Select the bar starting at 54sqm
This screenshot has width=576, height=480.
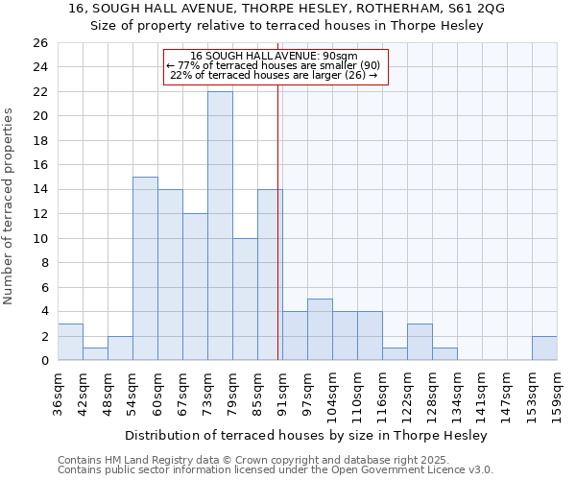[145, 268]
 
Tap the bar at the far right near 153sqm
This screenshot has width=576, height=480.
[544, 348]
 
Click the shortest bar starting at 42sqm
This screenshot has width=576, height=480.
[95, 354]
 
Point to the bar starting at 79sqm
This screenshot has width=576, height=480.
[245, 299]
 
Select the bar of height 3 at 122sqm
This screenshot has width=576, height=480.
[420, 342]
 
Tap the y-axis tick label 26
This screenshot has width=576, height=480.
[39, 43]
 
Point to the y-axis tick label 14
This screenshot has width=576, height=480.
[39, 190]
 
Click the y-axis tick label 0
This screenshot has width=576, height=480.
[43, 361]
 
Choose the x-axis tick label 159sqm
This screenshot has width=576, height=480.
[557, 394]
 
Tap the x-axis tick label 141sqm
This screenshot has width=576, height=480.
[483, 394]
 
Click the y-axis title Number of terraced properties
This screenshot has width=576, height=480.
[9, 205]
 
